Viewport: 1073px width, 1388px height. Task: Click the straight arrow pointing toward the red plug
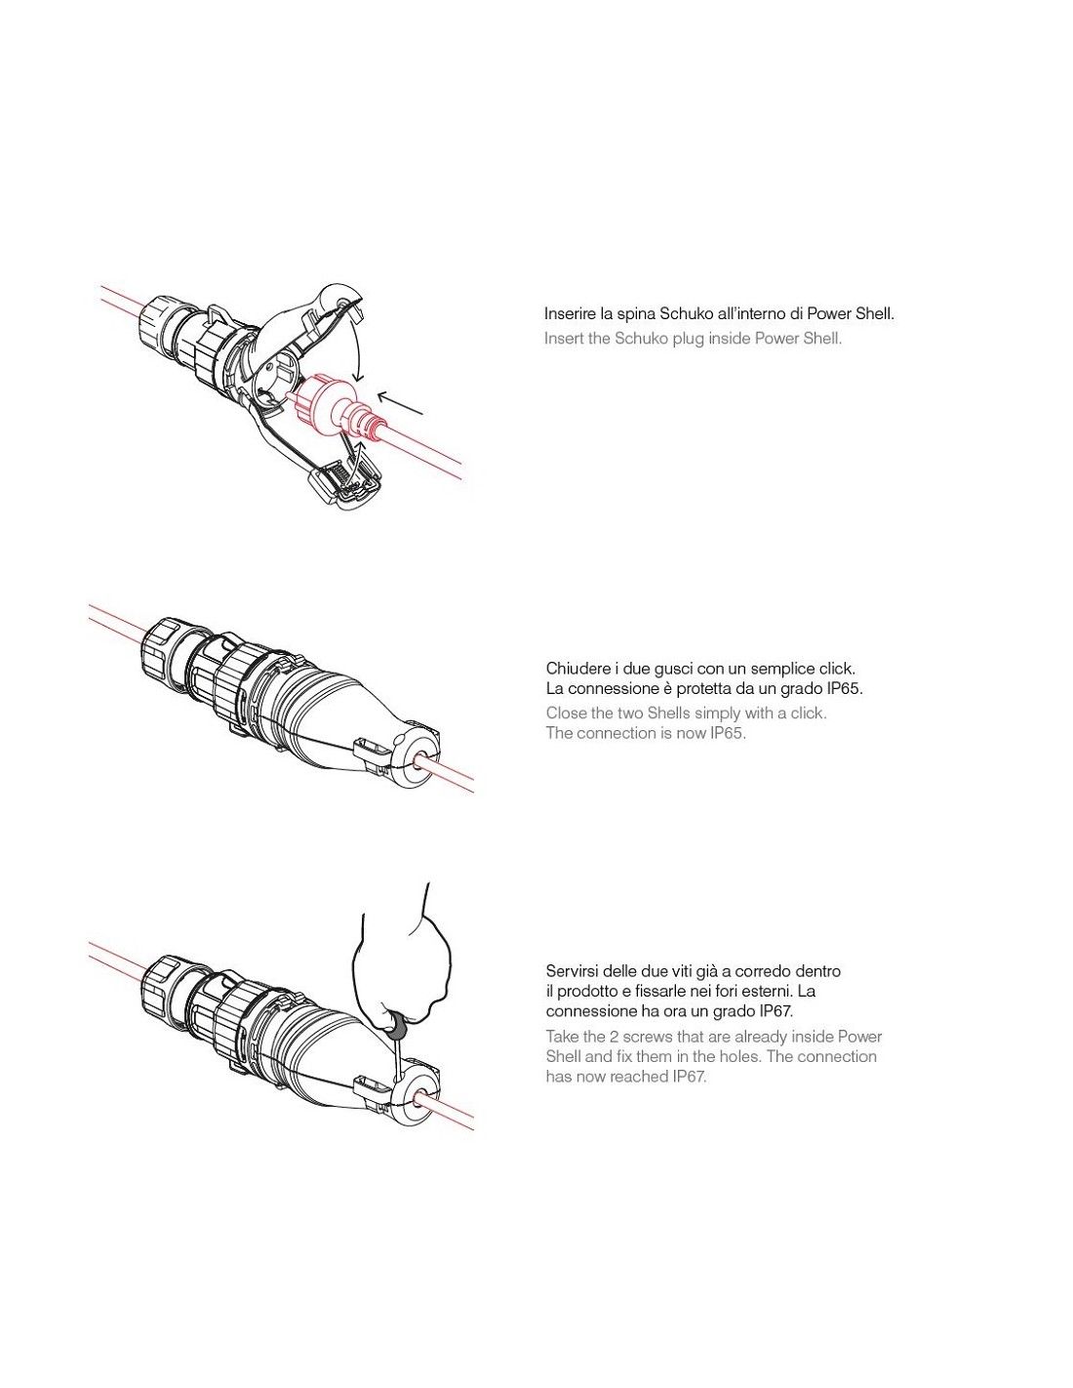(400, 403)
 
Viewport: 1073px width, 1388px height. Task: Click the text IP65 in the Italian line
(840, 688)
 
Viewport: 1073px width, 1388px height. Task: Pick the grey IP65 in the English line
(728, 733)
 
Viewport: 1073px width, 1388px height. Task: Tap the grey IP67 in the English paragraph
(690, 1077)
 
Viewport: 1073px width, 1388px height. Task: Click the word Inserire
(565, 313)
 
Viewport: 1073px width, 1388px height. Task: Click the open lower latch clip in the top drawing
(344, 483)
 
